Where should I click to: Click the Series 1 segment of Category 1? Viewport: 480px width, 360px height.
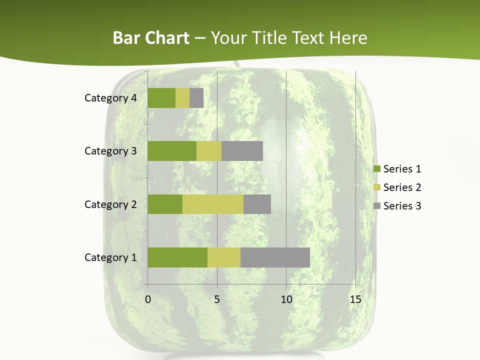coord(177,257)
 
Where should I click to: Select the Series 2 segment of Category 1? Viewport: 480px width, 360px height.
coord(224,257)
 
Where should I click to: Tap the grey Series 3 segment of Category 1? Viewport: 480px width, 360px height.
coord(275,257)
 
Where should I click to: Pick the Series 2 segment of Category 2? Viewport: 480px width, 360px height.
coord(213,204)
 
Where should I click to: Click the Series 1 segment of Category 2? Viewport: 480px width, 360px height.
coord(165,204)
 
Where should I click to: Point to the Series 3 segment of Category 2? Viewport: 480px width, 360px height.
coord(257,204)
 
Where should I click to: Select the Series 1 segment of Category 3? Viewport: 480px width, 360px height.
coord(172,151)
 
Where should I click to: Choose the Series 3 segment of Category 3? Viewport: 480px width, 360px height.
coord(242,151)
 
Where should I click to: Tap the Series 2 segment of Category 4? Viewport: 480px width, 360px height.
coord(182,98)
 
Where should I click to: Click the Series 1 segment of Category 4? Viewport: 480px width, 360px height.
coord(161,98)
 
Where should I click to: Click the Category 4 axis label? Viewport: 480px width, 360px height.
coord(110,98)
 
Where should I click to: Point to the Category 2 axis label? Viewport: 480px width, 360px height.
coord(110,204)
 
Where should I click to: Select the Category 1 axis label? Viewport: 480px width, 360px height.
coord(110,257)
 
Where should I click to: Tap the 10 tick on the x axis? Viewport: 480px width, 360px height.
coord(286,299)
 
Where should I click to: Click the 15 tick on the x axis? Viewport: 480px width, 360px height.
coord(355,299)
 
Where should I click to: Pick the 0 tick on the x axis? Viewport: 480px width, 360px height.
coord(148,299)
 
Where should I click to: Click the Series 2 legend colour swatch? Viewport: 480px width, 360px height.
coord(376,187)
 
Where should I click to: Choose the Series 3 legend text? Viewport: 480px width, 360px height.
coord(402,206)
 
